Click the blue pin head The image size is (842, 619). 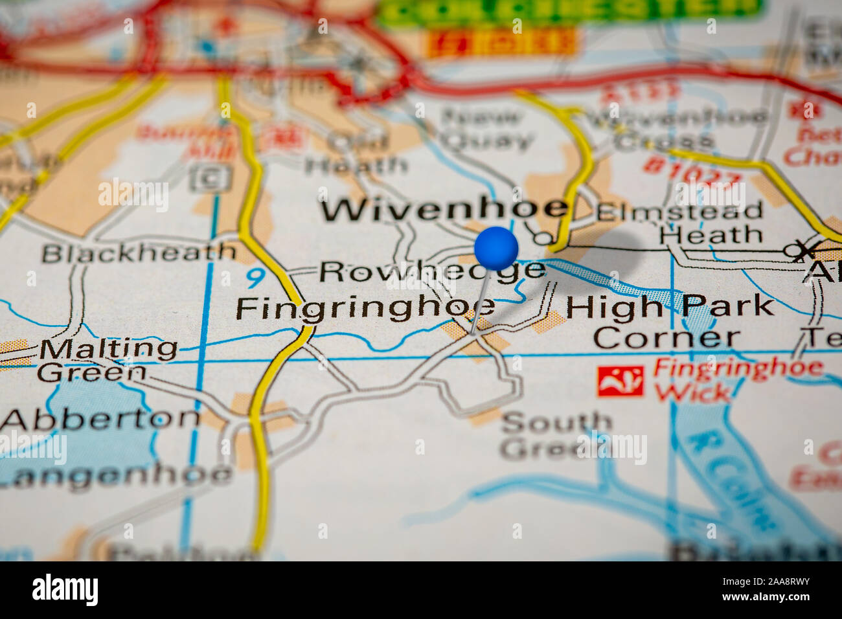coord(496,248)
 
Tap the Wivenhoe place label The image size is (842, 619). coord(445,209)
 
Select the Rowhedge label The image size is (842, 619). coord(432,271)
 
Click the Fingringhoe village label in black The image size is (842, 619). coord(365,308)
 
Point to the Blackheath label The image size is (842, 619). coord(139,253)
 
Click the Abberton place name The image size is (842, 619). coord(100,419)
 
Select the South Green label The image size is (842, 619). coord(556,435)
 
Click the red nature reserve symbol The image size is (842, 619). coord(620,381)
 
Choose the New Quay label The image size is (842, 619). coord(484,129)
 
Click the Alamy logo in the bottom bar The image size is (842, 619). coord(65,590)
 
